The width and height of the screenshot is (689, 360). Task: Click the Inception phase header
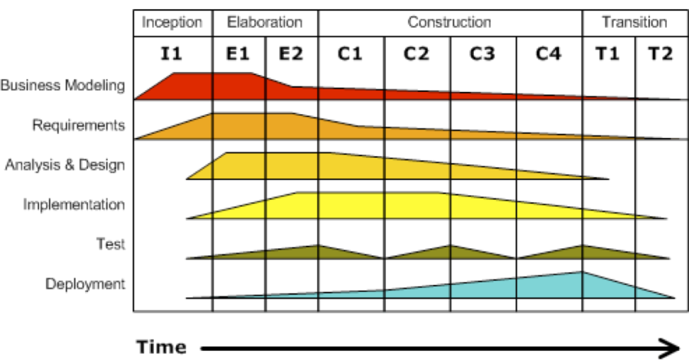(173, 22)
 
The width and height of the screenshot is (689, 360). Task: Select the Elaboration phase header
(265, 22)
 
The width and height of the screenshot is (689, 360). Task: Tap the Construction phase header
(449, 22)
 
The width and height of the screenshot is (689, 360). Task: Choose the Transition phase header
(635, 22)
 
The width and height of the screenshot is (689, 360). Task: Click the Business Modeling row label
(63, 85)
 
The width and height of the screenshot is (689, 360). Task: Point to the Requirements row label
(78, 125)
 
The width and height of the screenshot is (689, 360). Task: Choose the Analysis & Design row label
(65, 165)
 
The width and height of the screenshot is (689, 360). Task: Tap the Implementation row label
(73, 205)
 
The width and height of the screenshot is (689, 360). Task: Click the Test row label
(110, 244)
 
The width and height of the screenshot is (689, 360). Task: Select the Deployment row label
(84, 284)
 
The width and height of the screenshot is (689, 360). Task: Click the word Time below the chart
(162, 347)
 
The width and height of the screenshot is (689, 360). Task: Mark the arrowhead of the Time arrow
(671, 348)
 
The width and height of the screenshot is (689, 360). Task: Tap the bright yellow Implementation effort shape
(367, 205)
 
